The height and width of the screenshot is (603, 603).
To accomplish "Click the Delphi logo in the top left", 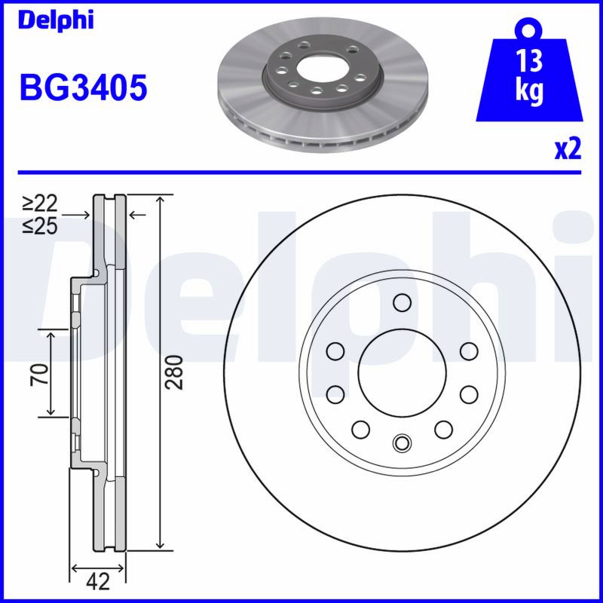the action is pyautogui.click(x=56, y=20).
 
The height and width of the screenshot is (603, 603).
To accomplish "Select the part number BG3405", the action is pyautogui.click(x=84, y=87).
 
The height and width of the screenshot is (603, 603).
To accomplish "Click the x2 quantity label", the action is pyautogui.click(x=568, y=149).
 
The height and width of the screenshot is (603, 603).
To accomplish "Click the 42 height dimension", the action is pyautogui.click(x=98, y=581).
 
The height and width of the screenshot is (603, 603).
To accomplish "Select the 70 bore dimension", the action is pyautogui.click(x=41, y=374).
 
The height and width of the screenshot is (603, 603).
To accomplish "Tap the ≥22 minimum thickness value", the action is pyautogui.click(x=40, y=203).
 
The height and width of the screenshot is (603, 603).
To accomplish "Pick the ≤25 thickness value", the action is pyautogui.click(x=40, y=225).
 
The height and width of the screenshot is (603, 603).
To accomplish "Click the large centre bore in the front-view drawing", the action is pyautogui.click(x=403, y=372).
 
